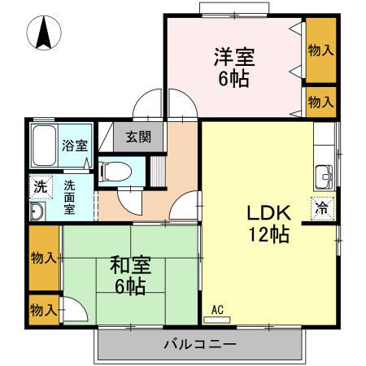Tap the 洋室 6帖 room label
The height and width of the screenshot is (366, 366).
point(234,68)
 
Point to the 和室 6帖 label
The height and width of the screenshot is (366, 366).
point(129,275)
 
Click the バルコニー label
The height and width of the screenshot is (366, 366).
point(200,344)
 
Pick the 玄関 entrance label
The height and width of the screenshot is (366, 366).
point(137,136)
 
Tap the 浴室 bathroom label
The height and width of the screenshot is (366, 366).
point(76,147)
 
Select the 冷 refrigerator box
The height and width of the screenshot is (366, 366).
point(322,207)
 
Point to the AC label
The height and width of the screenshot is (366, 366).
point(217,310)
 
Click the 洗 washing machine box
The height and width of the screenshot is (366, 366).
point(40,186)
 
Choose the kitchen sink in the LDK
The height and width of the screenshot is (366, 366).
point(325,174)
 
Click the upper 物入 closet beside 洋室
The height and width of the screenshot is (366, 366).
point(320,50)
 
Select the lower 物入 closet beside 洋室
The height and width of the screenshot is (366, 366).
point(320,102)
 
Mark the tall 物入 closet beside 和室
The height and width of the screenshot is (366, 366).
point(43,258)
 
